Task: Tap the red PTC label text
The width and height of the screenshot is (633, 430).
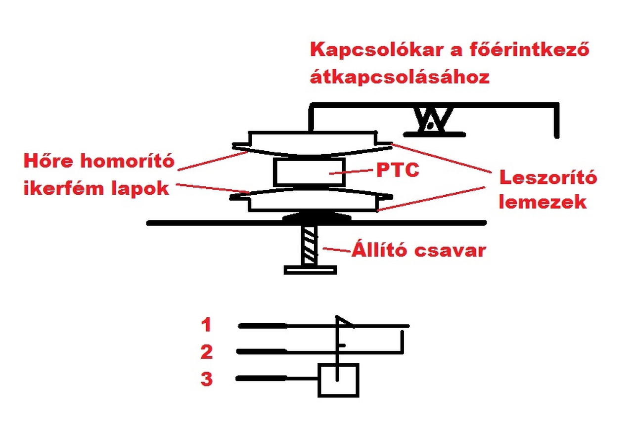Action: [398, 171]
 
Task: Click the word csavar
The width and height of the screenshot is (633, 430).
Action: [450, 251]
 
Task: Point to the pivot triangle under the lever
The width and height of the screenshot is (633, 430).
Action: [431, 121]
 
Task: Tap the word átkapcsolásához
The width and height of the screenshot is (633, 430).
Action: [400, 78]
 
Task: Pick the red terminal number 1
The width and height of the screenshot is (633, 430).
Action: [206, 325]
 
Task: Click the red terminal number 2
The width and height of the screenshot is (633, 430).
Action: [206, 352]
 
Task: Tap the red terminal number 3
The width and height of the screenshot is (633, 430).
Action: [206, 380]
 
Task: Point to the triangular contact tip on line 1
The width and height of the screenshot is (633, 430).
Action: [344, 322]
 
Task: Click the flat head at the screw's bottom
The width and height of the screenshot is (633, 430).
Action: [310, 269]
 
